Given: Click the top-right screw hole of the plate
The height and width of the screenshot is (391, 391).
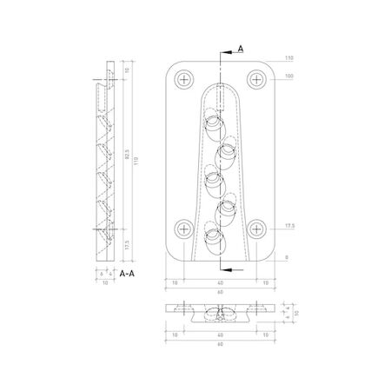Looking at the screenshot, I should pos(256,79).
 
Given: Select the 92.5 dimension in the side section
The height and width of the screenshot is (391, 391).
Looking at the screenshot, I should pos(127,159).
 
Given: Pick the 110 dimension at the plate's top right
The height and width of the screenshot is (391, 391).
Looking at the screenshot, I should pos(288,57).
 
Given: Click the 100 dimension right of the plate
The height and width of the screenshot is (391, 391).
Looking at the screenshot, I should pos(288,77).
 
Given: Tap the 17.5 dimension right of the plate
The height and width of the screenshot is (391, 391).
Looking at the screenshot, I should pos(288,226).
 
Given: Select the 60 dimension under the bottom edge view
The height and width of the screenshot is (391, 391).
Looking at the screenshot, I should pos(220,345).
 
